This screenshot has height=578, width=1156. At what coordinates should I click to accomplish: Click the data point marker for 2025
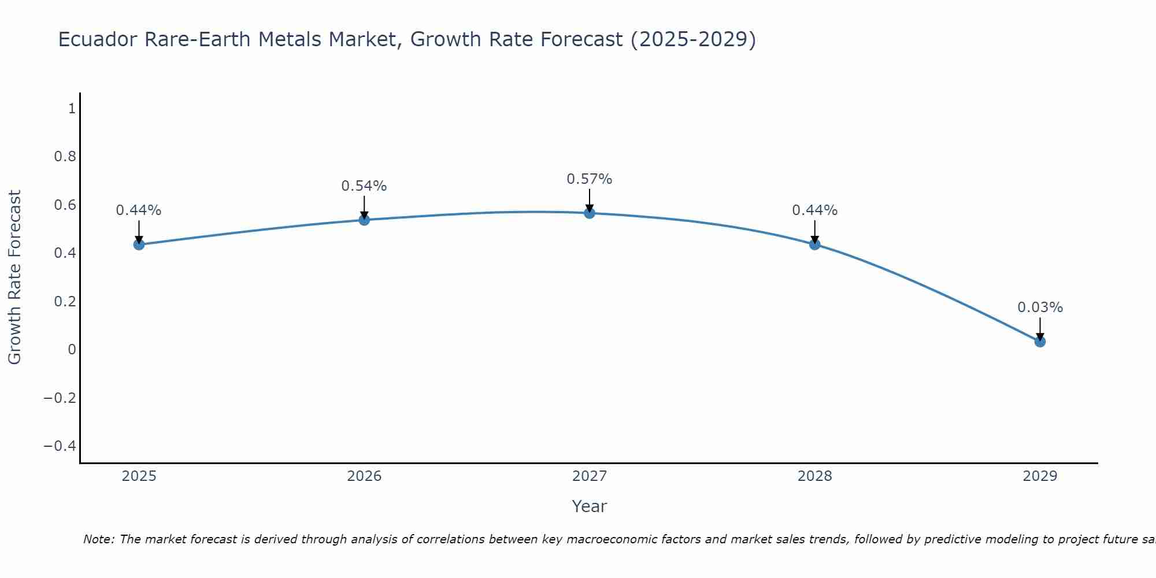point(139,244)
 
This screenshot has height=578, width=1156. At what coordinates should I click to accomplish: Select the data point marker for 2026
point(364,220)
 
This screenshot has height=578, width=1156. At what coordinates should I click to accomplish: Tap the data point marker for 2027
point(590,213)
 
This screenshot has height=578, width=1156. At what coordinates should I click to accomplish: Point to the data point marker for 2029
point(1040,342)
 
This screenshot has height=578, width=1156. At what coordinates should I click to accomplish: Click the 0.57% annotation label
point(589,179)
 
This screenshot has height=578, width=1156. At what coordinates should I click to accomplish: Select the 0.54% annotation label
point(364,186)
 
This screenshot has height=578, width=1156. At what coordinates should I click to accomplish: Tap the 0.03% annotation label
point(1040,307)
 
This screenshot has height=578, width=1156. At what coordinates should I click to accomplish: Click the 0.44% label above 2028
point(814,210)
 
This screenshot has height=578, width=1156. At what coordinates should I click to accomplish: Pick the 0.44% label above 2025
point(139,210)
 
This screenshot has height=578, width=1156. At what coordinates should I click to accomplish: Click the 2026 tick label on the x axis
point(364,476)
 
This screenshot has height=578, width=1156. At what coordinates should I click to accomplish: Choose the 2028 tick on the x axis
point(814,476)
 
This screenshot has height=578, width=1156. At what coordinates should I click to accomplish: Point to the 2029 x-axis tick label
point(1040,476)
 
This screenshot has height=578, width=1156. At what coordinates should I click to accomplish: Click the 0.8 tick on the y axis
point(65,157)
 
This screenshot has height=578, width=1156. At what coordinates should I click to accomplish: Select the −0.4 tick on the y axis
point(60,446)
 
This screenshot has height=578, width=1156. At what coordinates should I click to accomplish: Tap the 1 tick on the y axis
point(72,109)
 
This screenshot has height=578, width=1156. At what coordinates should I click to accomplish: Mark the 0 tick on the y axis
point(72,349)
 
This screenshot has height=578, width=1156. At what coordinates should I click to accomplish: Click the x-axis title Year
point(589,506)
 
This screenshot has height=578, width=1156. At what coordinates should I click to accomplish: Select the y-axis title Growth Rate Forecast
point(14,277)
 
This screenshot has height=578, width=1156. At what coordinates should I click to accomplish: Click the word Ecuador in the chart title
point(97,39)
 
